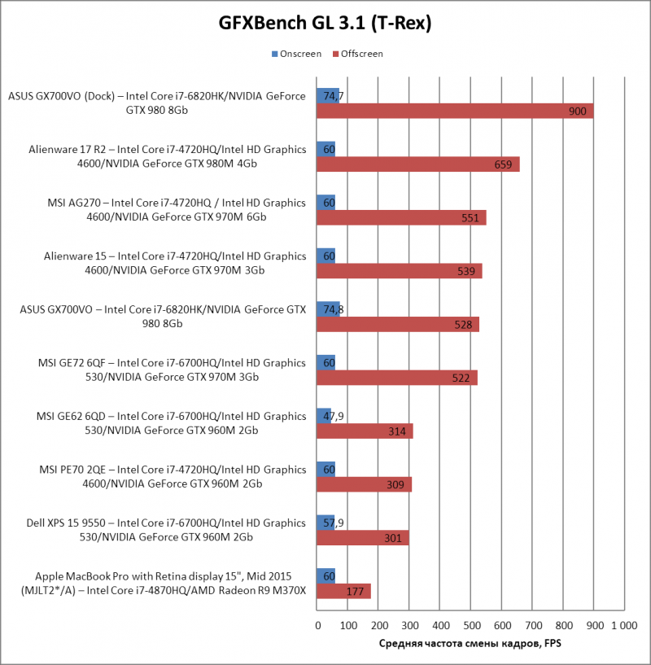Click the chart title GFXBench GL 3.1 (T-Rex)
(x=325, y=24)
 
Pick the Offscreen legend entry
(x=357, y=54)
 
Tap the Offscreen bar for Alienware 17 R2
(x=417, y=164)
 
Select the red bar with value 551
(x=401, y=217)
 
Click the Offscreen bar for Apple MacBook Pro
(x=343, y=591)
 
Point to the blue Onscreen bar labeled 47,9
(x=324, y=416)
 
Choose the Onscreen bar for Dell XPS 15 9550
(x=325, y=522)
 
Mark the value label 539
(x=466, y=271)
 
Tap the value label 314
(x=397, y=431)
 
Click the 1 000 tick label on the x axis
(x=623, y=625)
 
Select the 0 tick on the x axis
(x=317, y=625)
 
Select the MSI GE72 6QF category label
(x=171, y=370)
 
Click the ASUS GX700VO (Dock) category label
(x=157, y=103)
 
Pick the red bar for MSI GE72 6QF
(x=396, y=378)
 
